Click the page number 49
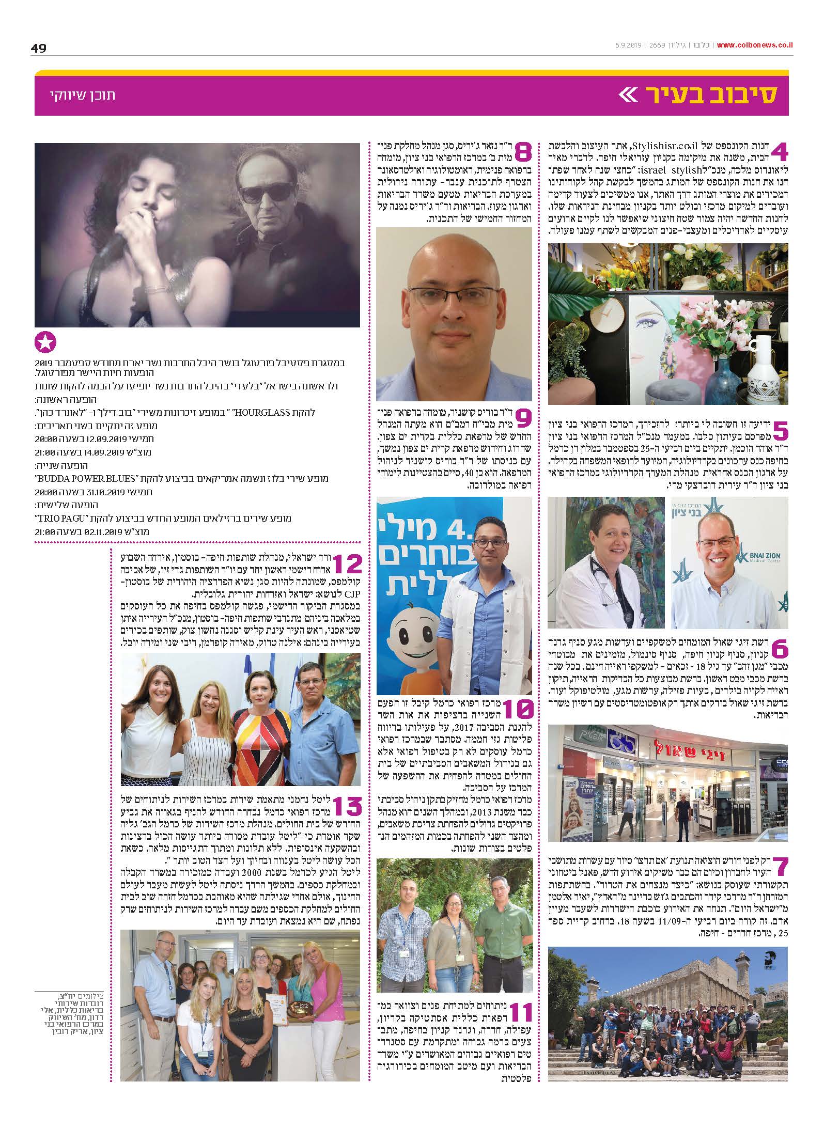click(x=39, y=48)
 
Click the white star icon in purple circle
click(x=45, y=342)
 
